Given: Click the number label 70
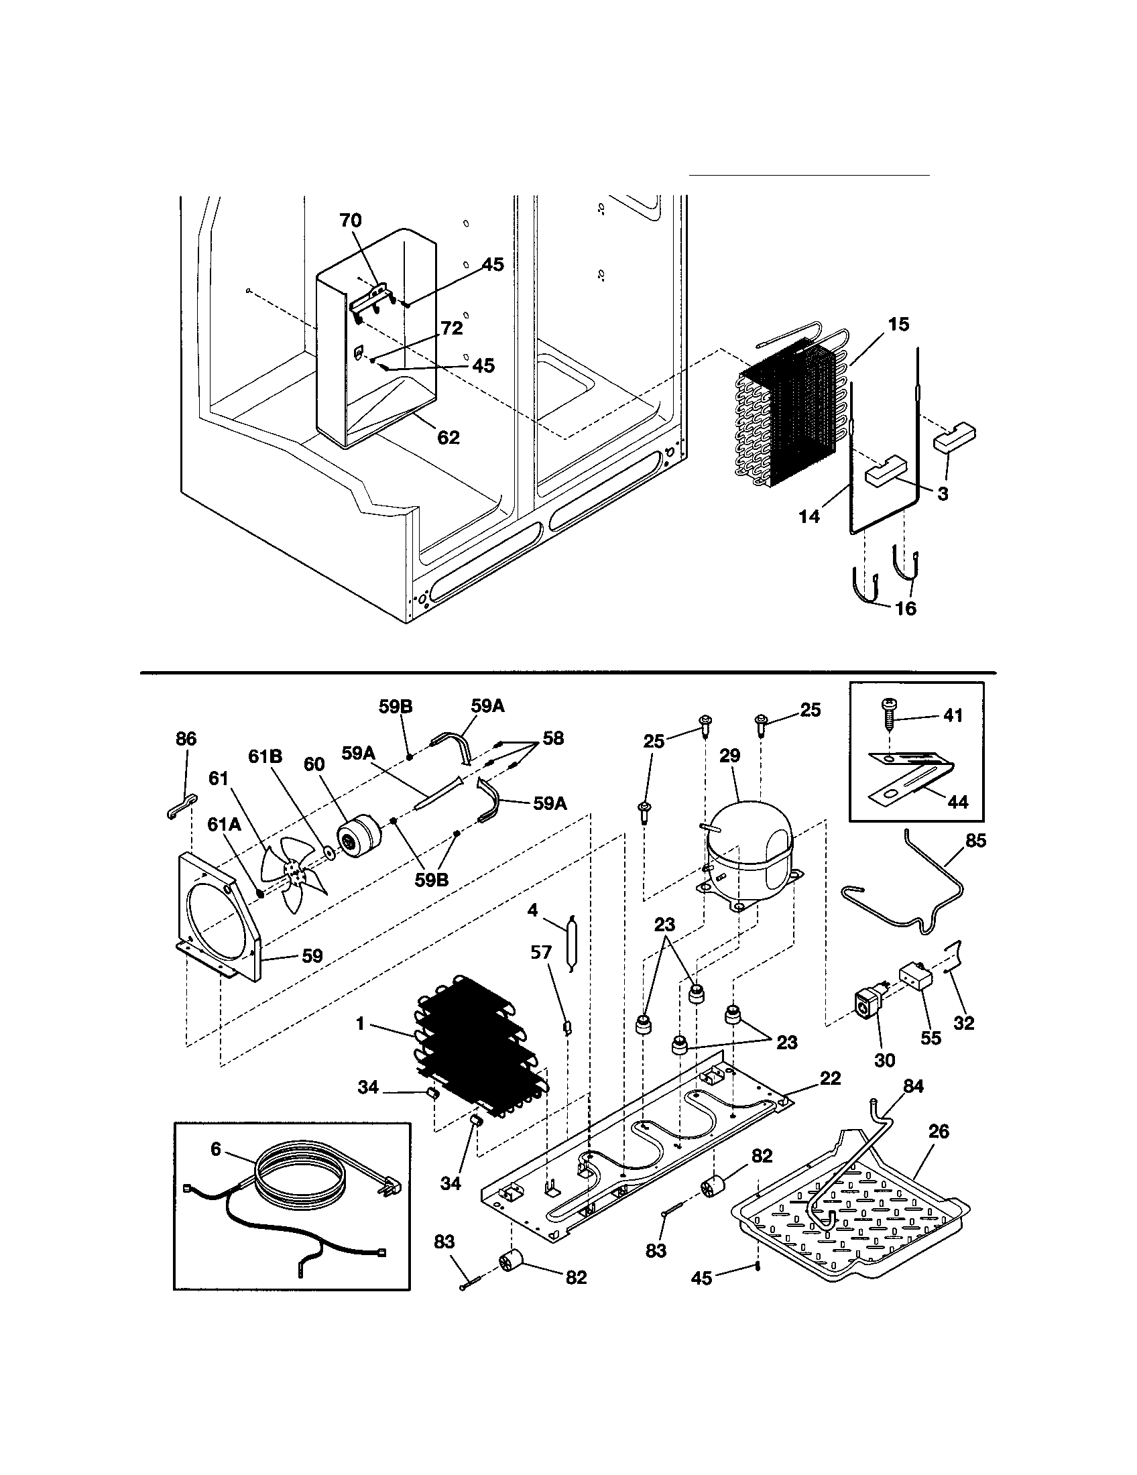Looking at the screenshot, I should pos(351,221).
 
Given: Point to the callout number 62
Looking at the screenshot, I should pos(448,438).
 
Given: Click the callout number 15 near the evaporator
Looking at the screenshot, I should pos(898,324).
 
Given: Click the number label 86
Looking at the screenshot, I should pos(186,739).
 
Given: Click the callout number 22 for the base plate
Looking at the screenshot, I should pos(830,1079).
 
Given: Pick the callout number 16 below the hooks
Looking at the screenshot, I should pos(906,609).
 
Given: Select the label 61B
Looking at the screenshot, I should pos(265,756).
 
